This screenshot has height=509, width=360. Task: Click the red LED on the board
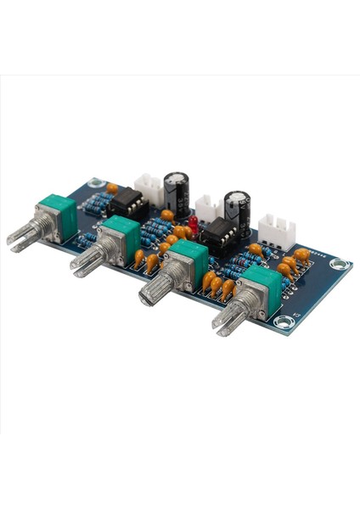pyautogui.click(x=194, y=223)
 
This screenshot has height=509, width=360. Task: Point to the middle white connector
pyautogui.click(x=206, y=205)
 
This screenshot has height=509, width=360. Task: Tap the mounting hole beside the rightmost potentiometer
pyautogui.click(x=283, y=322)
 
